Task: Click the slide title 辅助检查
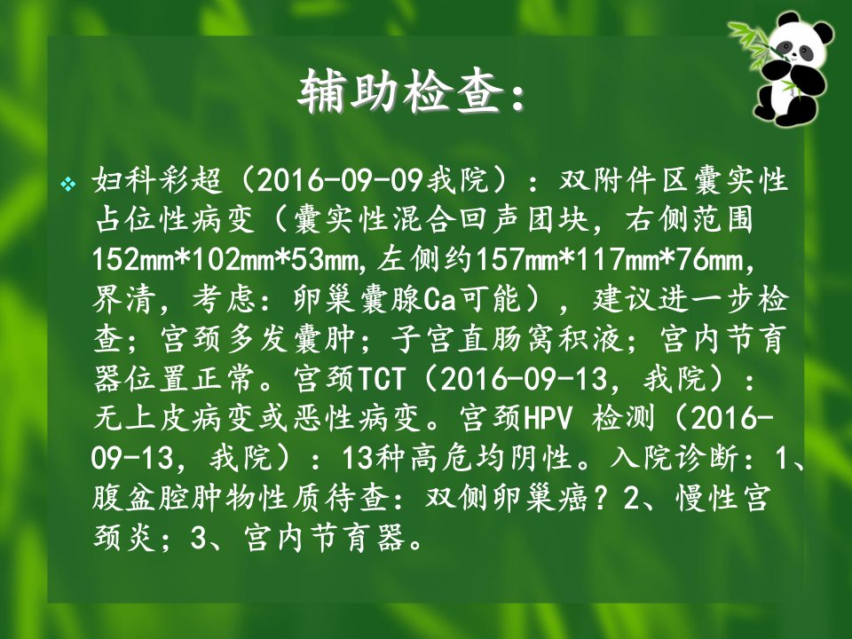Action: click(x=400, y=91)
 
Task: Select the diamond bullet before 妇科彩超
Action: click(x=68, y=185)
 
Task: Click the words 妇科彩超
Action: click(x=158, y=180)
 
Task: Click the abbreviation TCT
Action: click(x=381, y=379)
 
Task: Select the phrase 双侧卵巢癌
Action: click(x=507, y=498)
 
